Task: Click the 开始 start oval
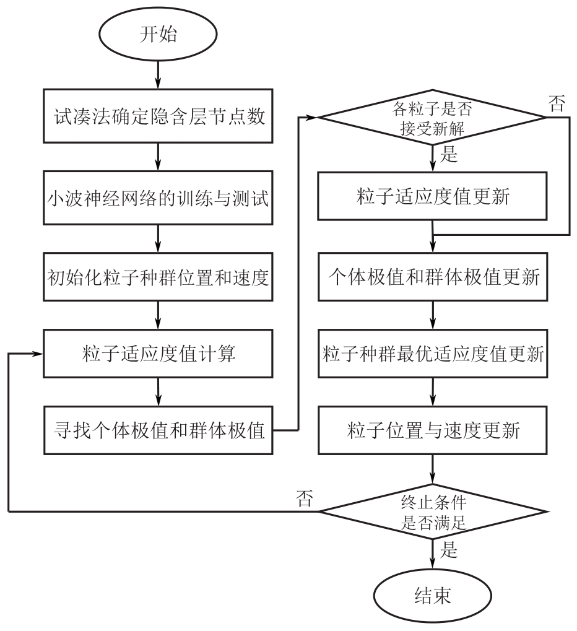[x=158, y=33]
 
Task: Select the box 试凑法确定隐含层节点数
[x=158, y=116]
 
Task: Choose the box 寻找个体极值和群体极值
[x=158, y=429]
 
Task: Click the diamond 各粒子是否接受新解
[x=432, y=117]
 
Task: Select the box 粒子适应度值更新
[x=432, y=196]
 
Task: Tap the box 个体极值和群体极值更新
[x=432, y=278]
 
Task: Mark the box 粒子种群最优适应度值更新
[x=432, y=355]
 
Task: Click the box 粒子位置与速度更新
[x=432, y=429]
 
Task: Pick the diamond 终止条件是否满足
[x=432, y=511]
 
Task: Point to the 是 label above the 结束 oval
[x=448, y=549]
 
